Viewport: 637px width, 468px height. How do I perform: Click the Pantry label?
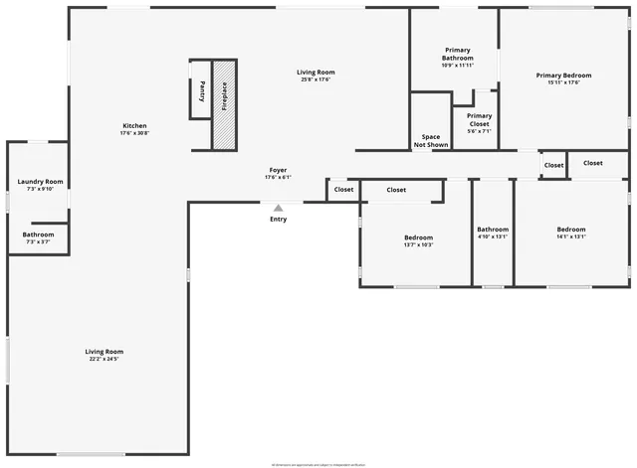[x=202, y=89]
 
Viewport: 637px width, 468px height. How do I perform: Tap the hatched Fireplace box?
[x=225, y=104]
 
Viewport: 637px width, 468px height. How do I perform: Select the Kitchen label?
[x=134, y=129]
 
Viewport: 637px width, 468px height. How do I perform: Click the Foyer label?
[x=278, y=174]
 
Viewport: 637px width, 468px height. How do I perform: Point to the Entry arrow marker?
[x=278, y=207]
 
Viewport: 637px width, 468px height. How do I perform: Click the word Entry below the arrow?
[x=278, y=219]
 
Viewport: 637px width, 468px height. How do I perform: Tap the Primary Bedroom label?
[x=563, y=78]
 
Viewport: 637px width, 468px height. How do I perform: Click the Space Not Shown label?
[x=431, y=140]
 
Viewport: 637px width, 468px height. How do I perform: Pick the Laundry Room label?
[x=40, y=185]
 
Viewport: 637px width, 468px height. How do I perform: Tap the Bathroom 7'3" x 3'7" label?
[x=39, y=237]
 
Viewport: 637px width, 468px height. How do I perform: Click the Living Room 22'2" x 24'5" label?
[x=104, y=355]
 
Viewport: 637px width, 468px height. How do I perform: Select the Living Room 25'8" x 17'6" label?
[x=316, y=76]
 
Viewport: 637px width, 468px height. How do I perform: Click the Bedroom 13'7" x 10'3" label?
[x=418, y=240]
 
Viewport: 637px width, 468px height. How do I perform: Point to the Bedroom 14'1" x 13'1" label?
[x=571, y=233]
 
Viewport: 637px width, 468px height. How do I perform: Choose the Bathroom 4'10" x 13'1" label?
[x=492, y=233]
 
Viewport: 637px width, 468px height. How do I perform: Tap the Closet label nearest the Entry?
[x=343, y=189]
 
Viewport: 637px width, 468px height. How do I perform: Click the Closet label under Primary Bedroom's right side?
[x=593, y=163]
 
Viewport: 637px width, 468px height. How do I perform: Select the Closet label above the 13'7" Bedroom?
[x=396, y=189]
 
